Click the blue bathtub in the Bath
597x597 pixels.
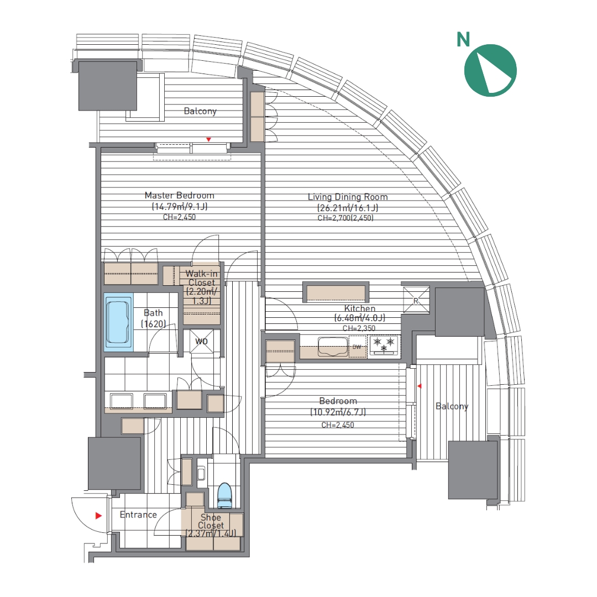118,322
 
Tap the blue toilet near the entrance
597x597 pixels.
224,495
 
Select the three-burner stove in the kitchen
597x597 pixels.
384,345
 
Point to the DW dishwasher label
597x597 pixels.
357,347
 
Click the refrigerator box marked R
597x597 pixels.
416,300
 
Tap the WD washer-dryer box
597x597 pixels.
201,341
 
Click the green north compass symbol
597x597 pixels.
490,70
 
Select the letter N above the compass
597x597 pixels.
463,40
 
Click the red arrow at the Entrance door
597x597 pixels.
98,516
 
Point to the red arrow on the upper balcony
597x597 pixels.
208,140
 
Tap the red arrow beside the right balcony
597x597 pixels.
420,386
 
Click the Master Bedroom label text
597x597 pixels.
179,195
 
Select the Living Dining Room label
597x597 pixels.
348,197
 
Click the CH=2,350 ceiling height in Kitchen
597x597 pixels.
359,328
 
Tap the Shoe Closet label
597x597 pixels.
211,521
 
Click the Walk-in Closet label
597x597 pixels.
202,278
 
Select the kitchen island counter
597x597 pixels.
336,292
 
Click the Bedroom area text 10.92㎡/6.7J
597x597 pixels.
338,412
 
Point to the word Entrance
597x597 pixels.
138,515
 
